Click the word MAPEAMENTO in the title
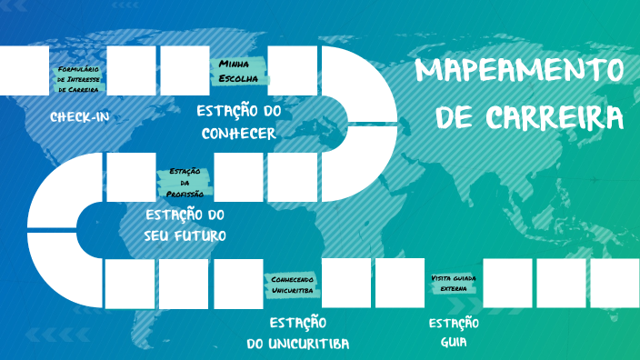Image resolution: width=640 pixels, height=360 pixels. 520,70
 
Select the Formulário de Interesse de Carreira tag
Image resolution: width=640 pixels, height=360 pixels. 77,79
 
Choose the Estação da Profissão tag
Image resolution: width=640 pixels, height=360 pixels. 185,183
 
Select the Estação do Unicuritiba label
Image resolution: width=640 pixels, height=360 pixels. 298,334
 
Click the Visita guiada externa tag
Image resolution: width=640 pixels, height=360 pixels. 454,283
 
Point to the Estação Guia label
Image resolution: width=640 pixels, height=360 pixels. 454,333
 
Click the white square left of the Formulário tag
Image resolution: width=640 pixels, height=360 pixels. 24,70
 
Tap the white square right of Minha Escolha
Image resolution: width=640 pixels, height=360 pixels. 293,70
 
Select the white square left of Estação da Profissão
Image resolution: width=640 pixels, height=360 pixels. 131,176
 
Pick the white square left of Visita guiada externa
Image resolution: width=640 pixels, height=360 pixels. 400,283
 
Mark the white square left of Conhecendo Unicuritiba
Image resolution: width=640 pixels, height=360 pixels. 238,283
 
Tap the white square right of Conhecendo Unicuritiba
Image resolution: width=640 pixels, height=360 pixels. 346,283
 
